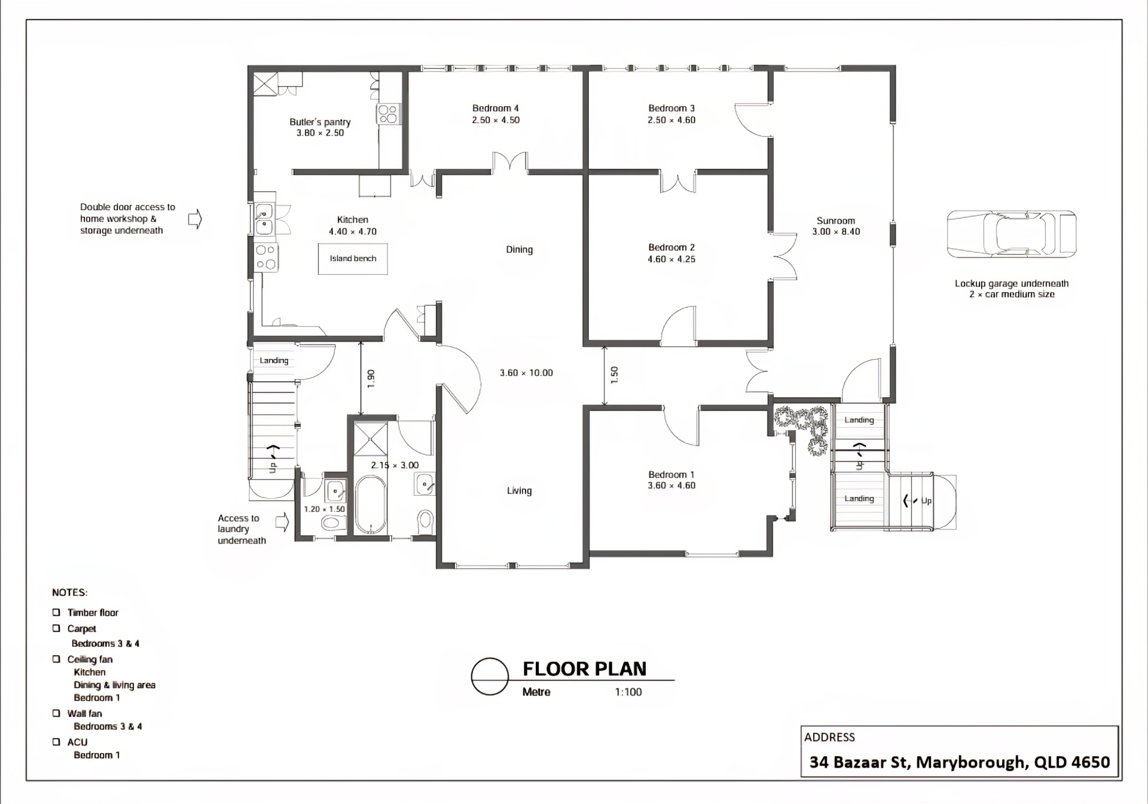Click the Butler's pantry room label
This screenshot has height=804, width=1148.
(320, 122)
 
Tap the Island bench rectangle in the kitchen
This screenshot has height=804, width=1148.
(353, 259)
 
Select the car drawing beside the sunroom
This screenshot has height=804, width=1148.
(1012, 234)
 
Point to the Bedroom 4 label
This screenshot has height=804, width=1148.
(496, 108)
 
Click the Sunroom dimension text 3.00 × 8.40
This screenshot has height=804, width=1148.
(836, 232)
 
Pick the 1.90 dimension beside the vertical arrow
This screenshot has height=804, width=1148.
(371, 378)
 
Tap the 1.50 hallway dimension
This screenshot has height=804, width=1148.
(614, 375)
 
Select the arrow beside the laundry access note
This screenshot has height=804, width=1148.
(282, 523)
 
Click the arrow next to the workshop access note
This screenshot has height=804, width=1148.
(196, 219)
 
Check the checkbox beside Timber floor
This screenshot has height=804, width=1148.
(56, 612)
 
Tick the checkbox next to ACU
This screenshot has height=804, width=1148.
(56, 742)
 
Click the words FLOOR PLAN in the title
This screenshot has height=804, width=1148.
(585, 669)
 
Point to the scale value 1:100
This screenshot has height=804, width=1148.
(628, 692)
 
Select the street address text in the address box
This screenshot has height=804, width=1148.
(960, 762)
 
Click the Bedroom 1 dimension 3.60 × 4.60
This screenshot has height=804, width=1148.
(671, 486)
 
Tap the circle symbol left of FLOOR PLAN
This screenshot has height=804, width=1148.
(490, 677)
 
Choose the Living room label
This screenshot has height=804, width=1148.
(519, 490)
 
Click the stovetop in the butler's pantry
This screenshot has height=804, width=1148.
(388, 113)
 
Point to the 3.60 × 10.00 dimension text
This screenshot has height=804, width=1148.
(526, 373)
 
